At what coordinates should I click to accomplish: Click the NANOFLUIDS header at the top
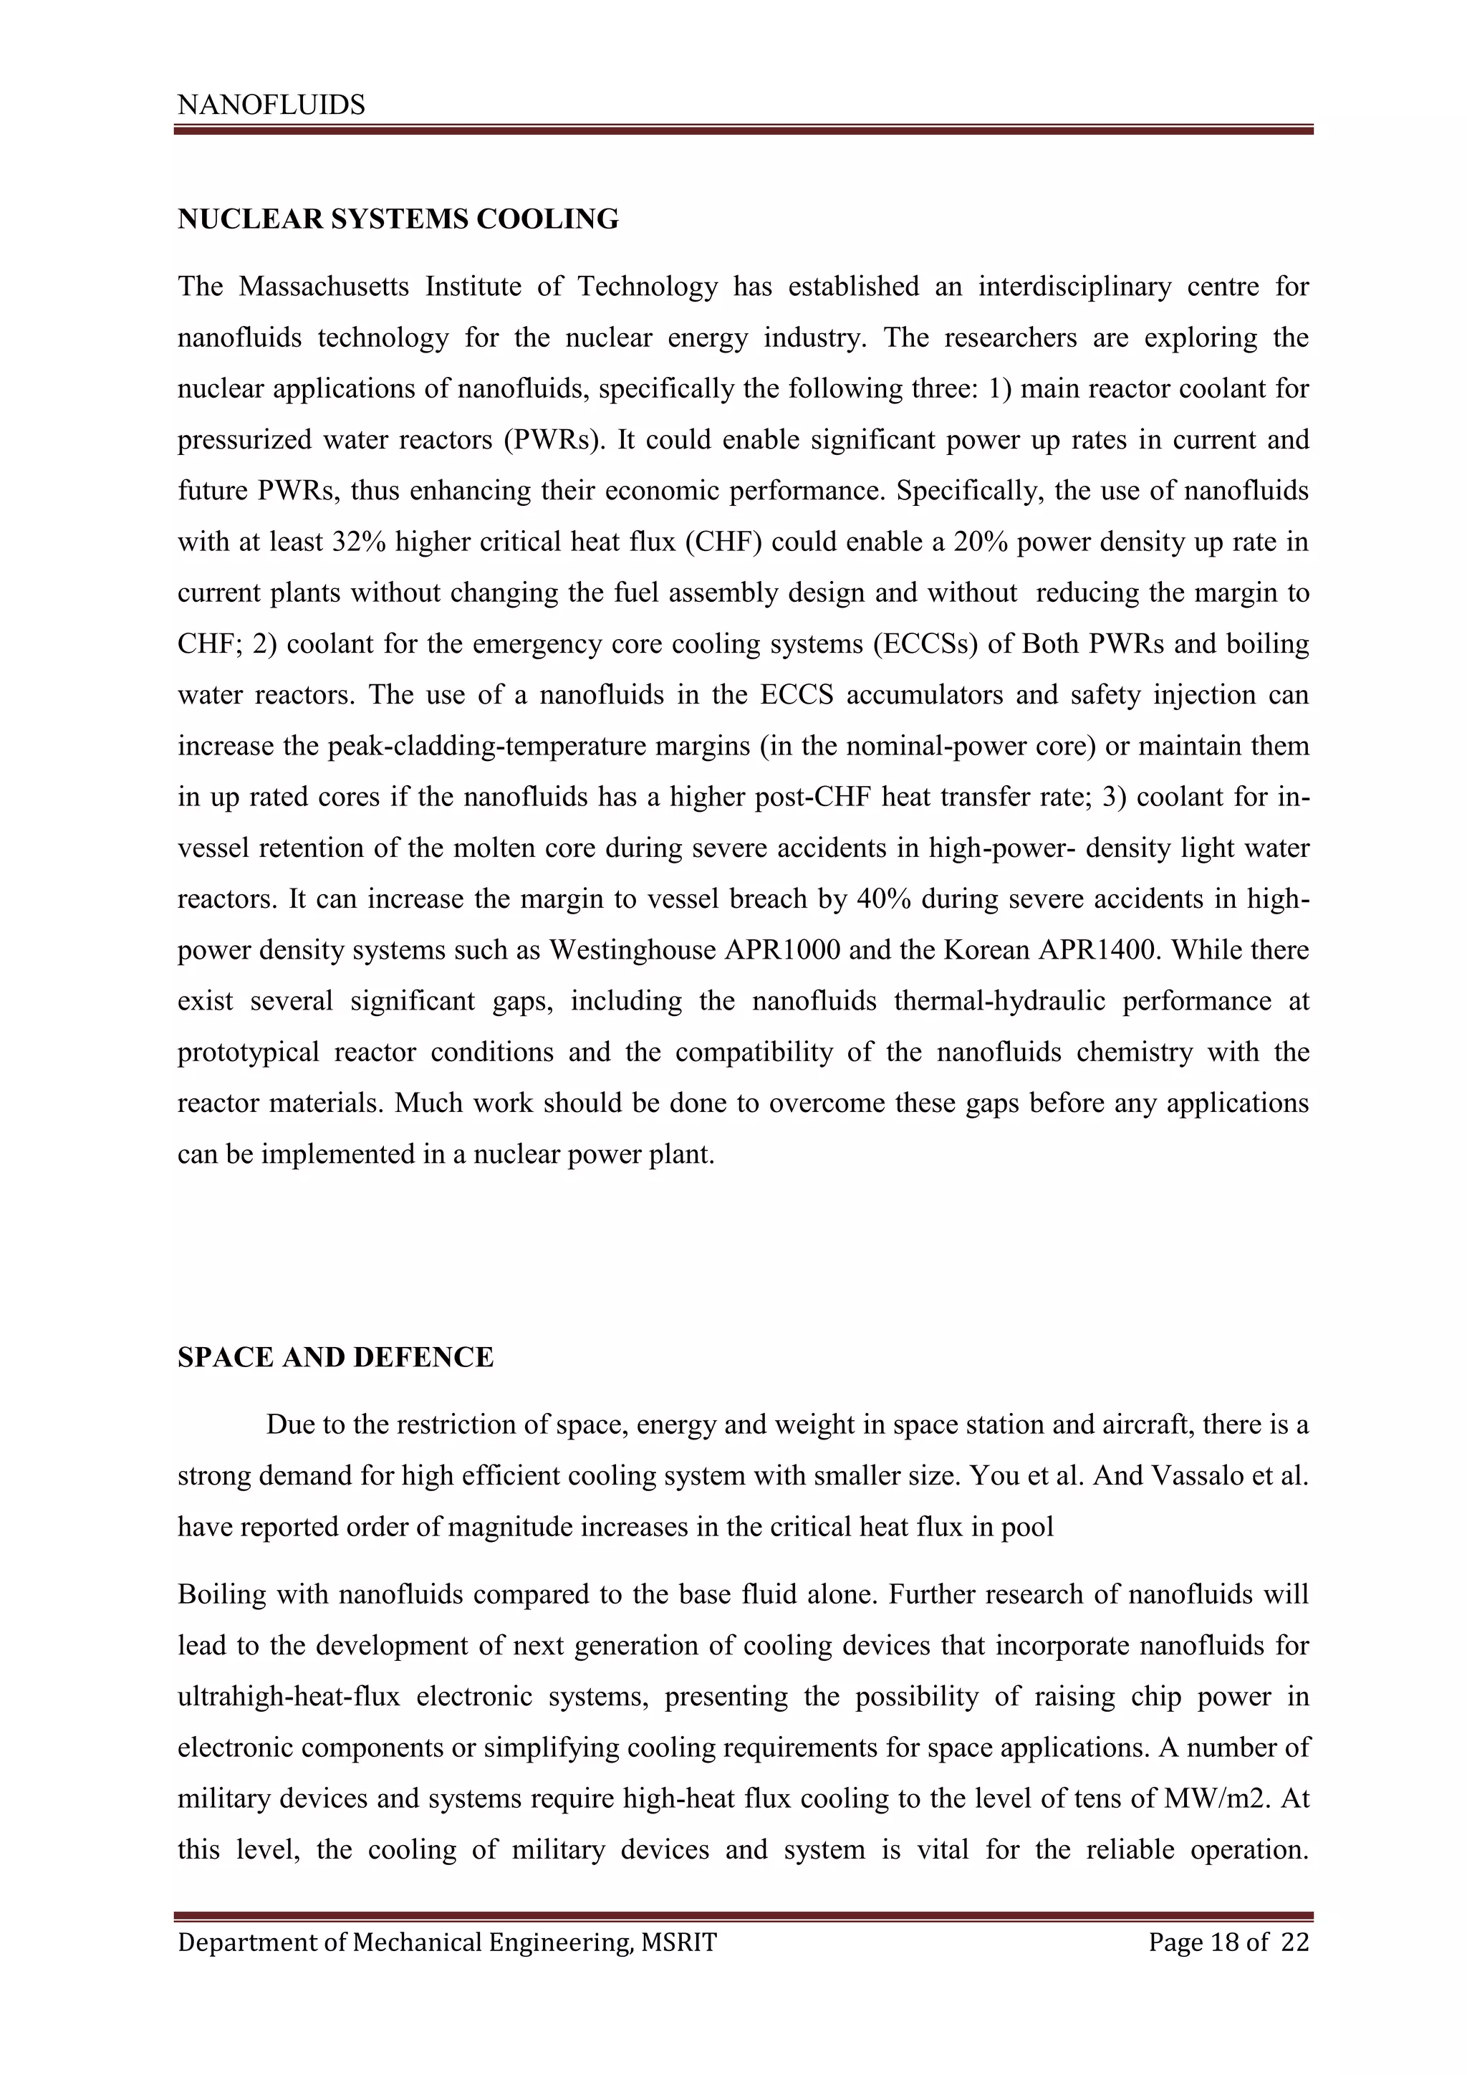(x=271, y=106)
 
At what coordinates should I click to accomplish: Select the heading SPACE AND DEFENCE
(x=335, y=1358)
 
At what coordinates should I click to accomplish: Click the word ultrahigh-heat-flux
(x=288, y=1697)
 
